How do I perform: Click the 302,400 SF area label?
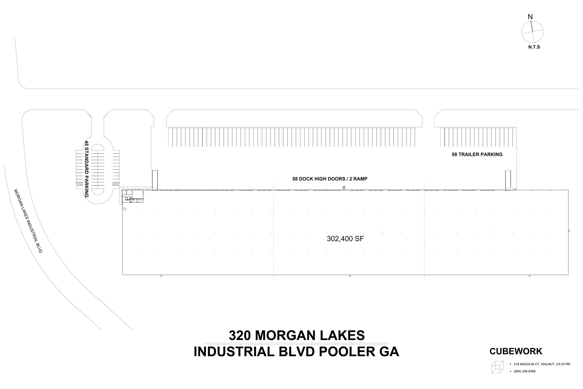point(345,239)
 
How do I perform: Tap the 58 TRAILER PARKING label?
point(477,154)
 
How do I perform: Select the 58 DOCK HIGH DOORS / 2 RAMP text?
point(330,179)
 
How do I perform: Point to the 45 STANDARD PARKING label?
point(87,169)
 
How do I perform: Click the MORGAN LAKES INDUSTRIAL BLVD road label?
point(28,221)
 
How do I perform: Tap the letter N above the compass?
point(530,17)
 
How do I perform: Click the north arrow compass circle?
point(532,32)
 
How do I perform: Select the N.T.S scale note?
point(534,47)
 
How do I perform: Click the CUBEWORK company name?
point(516,351)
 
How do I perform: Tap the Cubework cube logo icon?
point(497,367)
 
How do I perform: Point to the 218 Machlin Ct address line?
point(542,364)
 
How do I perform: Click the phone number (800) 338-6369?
point(524,371)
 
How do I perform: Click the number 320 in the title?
point(240,335)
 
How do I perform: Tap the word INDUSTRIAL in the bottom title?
point(234,352)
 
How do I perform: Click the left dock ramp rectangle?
point(155,180)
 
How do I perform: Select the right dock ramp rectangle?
point(508,180)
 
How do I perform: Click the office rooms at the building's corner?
point(133,196)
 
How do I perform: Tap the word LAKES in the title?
point(342,335)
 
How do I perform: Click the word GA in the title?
point(389,352)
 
